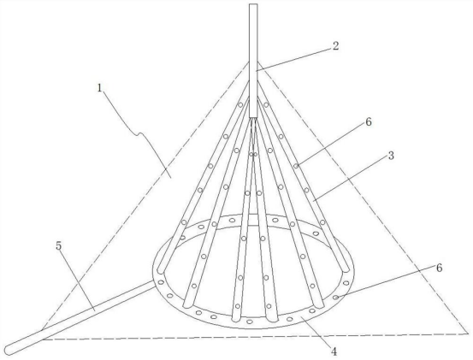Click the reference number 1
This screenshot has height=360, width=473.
tap(100, 87)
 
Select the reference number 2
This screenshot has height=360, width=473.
tap(335, 46)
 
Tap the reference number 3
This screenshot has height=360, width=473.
tap(391, 156)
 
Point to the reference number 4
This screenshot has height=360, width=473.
tap(334, 351)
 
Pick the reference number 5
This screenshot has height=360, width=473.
tap(58, 245)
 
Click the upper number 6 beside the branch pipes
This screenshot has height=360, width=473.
tap(369, 122)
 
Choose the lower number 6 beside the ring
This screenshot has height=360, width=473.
tap(439, 268)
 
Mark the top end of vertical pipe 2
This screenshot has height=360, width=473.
tap(253, 4)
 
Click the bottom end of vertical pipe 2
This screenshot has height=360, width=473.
tap(253, 117)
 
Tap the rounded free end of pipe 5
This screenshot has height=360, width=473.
tap(9, 349)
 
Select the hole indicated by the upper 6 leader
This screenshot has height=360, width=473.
tap(297, 166)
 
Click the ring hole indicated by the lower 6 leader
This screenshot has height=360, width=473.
tap(335, 298)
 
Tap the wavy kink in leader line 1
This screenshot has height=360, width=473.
tap(139, 134)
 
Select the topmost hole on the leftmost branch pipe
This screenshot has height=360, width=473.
tap(240, 105)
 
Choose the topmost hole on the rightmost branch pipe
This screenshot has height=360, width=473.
tap(266, 105)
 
